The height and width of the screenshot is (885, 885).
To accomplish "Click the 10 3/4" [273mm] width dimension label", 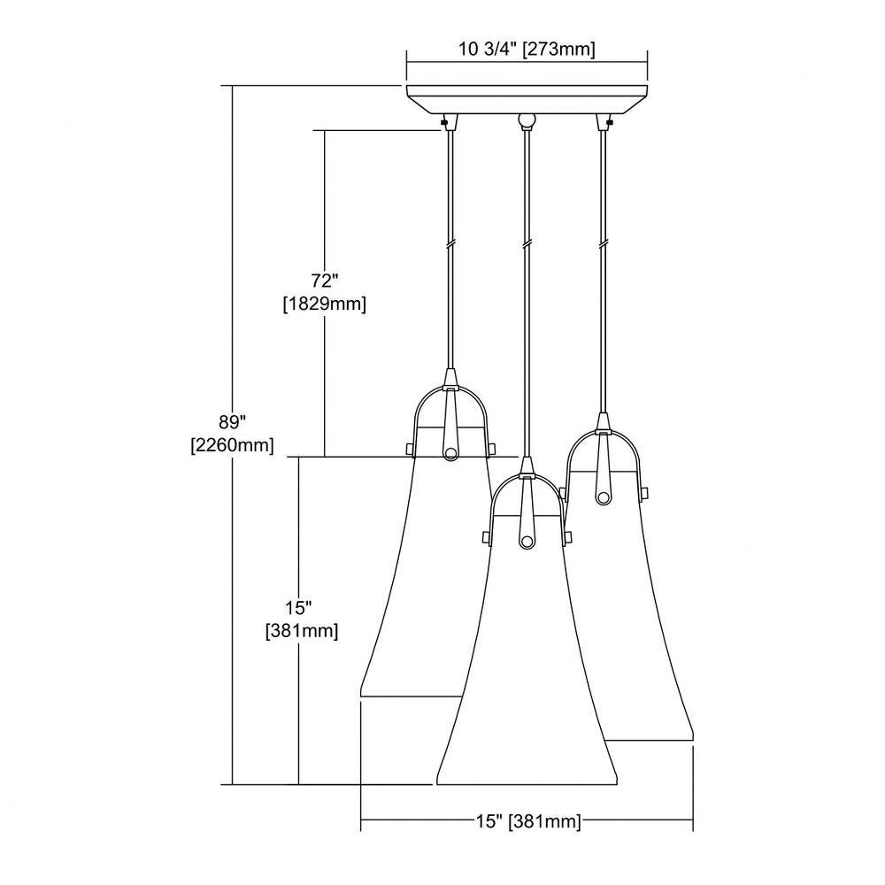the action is (x=527, y=49).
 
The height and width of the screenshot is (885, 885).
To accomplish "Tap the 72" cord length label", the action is (x=325, y=281).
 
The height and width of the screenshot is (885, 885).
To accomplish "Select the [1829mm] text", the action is (x=325, y=304).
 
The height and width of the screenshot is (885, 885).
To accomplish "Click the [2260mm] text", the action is (x=233, y=445).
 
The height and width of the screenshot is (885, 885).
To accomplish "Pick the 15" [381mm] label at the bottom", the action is (x=527, y=821).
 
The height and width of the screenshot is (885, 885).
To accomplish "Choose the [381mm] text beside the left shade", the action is (x=302, y=630).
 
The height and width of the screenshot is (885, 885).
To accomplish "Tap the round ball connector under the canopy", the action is (x=527, y=120).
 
